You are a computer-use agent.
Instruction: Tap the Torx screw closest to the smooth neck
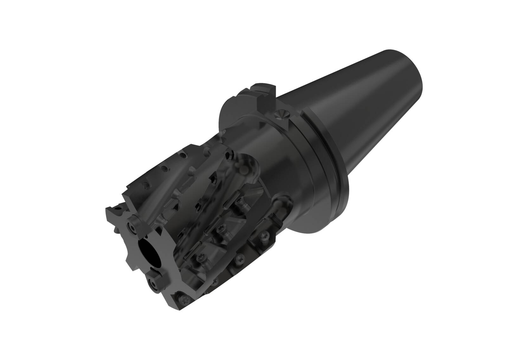click(264, 235)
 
